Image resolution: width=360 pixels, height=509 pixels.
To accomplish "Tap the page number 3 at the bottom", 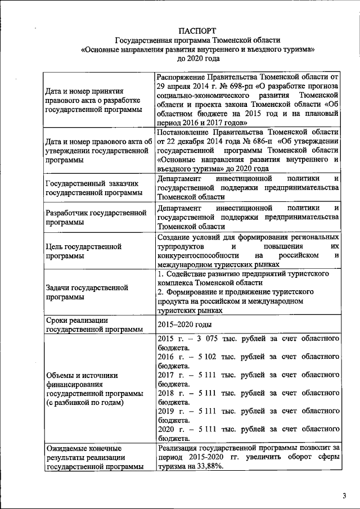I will [344, 496].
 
